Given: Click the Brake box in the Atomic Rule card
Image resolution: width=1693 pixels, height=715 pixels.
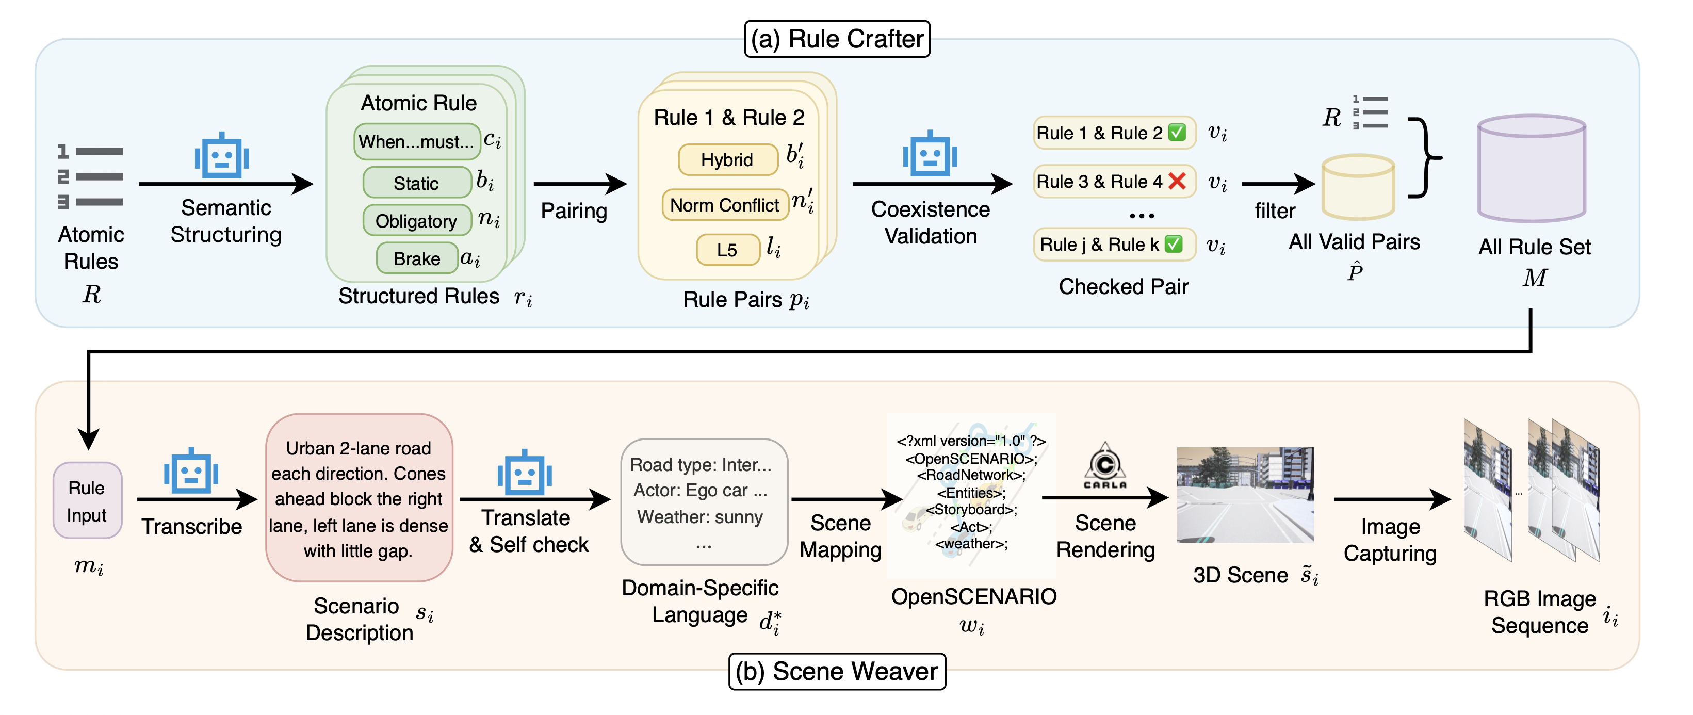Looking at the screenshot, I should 417,258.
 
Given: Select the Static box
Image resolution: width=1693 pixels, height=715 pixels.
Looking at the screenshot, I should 417,183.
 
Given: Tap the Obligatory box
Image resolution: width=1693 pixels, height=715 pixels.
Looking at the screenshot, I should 417,221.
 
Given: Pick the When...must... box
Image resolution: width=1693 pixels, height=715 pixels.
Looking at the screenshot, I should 417,142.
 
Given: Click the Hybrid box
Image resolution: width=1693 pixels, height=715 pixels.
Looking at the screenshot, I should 727,160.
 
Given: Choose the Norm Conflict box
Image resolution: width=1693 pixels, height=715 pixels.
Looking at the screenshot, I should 724,205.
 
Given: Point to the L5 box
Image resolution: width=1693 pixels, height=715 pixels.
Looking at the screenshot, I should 727,250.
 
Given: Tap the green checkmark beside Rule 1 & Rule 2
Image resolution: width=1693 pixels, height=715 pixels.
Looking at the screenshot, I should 1177,133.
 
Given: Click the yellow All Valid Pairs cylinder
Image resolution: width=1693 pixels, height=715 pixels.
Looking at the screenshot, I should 1358,187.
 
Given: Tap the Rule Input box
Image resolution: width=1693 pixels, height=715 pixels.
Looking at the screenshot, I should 87,501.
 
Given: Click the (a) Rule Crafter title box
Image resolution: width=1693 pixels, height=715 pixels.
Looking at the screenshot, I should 837,39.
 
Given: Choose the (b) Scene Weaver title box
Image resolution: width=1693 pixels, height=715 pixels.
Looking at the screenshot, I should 837,671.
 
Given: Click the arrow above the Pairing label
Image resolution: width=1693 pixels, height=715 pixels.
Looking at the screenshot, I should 579,184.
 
